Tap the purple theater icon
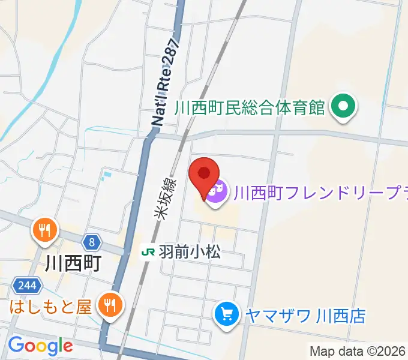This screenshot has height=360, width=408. point(217,192)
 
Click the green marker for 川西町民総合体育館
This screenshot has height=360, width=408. point(343,108)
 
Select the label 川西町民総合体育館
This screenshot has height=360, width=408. point(250,108)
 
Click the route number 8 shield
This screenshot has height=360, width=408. point(91,242)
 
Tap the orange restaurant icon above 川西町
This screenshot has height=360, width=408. point(46,229)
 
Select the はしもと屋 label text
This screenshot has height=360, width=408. point(50,307)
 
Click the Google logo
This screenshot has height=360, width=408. point(40,346)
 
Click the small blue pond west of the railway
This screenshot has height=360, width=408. point(107,176)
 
